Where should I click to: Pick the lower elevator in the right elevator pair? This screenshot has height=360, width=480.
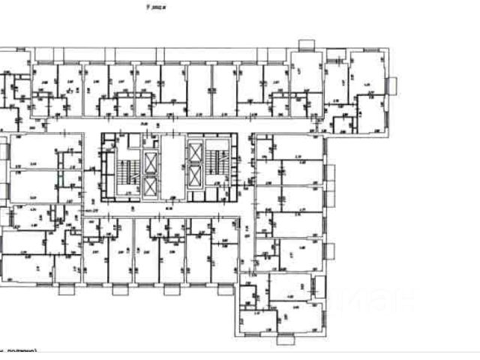coord(195,177)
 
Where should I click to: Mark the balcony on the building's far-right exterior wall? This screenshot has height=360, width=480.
coord(391,85)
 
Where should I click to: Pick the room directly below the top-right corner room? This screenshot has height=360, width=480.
coord(368,120)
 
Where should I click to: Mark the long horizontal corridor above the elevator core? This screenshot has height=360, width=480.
coord(172,121)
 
